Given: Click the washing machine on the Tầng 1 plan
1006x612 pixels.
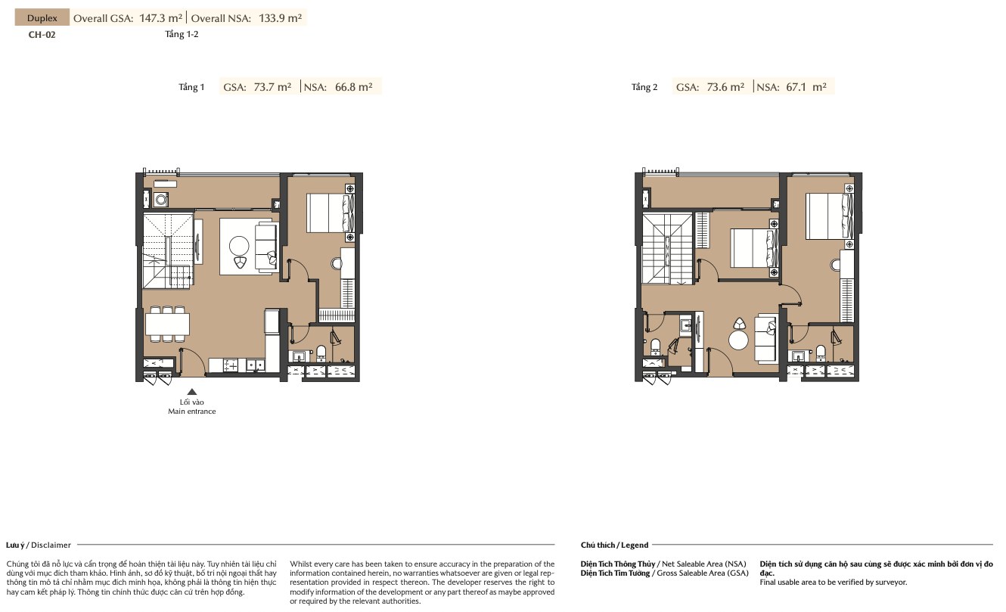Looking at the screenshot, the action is point(161,200).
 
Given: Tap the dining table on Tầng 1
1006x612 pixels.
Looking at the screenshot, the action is point(167,324).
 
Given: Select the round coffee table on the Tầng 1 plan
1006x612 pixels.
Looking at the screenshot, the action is point(239,246).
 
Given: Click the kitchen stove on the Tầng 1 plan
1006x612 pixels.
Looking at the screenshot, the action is point(231,365).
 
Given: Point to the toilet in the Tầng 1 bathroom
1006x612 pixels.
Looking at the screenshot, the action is point(321,353).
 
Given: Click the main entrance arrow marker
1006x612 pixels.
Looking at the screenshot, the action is point(192,392).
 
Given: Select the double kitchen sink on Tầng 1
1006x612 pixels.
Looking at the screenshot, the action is point(255,365).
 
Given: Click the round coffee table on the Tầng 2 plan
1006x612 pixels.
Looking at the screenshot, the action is point(738,340).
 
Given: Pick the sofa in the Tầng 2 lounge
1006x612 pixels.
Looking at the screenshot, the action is point(765,340).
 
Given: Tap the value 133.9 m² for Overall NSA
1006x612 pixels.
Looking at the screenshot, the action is point(280,18).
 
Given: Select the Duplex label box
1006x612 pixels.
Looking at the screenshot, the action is point(42,18).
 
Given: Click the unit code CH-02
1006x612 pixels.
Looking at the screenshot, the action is point(42,35).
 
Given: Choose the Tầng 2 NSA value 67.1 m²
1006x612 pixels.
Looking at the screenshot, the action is point(806,87).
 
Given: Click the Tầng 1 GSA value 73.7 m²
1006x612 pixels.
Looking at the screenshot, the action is point(272,87).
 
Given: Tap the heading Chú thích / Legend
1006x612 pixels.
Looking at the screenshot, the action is point(614,545).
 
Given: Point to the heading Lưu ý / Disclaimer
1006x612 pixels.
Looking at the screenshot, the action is point(39,545).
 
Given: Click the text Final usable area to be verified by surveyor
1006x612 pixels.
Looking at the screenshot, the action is point(834,582).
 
